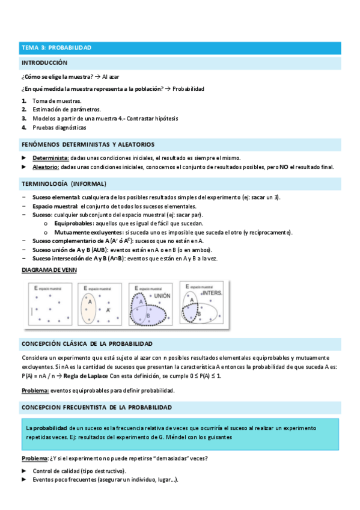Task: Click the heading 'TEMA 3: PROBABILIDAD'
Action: tap(56, 47)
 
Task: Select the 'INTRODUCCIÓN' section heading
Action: tap(44, 63)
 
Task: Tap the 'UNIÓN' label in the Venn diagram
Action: tap(162, 295)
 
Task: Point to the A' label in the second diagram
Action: tap(108, 310)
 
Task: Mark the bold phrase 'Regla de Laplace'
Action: tap(85, 376)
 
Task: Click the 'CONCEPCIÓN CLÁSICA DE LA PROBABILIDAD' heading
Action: tap(87, 343)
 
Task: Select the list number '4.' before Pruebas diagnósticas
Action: tap(25, 127)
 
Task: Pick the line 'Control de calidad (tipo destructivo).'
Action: tap(79, 470)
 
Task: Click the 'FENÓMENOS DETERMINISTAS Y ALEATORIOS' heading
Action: tap(88, 144)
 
